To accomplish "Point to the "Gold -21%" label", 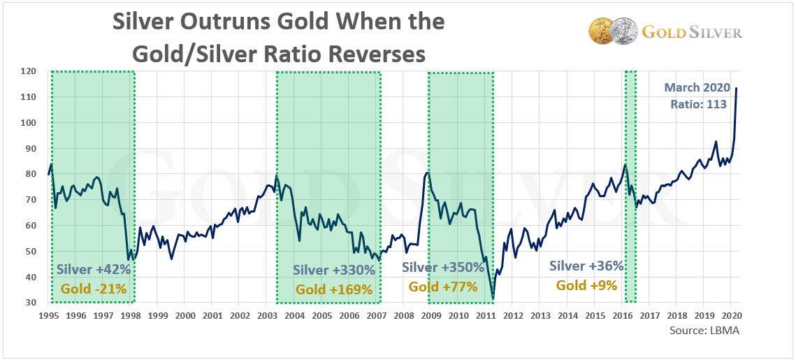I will (93, 287).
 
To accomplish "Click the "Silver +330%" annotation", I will (331, 271).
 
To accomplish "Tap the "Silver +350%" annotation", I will (443, 268).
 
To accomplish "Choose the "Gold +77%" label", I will (443, 287).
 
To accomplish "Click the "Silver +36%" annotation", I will (586, 266).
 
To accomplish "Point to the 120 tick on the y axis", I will (28, 71).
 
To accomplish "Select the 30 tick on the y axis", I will (31, 303).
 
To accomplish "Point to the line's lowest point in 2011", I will (493, 298).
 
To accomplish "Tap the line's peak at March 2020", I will (737, 88).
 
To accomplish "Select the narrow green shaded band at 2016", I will (630, 187).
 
